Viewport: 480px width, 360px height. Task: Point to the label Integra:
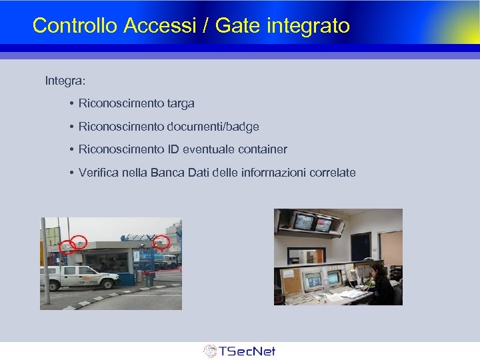click(x=65, y=81)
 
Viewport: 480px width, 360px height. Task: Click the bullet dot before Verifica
click(x=70, y=173)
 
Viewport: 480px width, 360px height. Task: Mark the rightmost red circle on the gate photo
click(x=161, y=243)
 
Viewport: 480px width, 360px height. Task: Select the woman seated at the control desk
click(x=380, y=283)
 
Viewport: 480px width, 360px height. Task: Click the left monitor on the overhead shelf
click(x=304, y=222)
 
